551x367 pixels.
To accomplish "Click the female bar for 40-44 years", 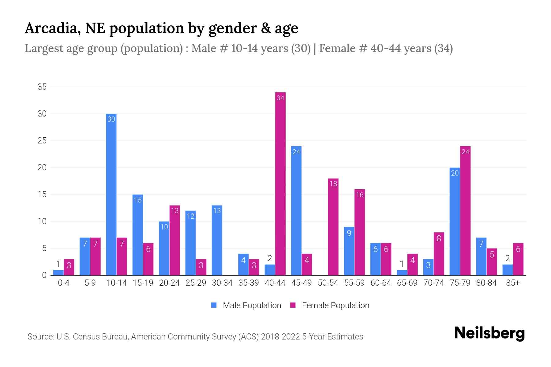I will tap(280, 183).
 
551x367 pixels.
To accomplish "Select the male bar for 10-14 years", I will tap(111, 195).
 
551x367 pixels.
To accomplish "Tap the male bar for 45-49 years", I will tap(296, 211).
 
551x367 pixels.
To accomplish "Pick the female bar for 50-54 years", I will tap(333, 227).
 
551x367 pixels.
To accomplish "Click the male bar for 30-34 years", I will tap(217, 240).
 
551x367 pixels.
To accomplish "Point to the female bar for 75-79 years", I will tap(465, 211).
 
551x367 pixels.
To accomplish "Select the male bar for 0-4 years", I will tap(58, 272).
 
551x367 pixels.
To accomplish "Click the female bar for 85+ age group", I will tap(518, 259).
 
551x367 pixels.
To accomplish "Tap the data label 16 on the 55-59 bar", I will tap(360, 195).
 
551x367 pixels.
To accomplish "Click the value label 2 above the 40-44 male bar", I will tap(270, 259).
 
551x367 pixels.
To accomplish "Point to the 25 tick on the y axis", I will tap(42, 141).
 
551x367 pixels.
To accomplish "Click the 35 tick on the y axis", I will tap(42, 87).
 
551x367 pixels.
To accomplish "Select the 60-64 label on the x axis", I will tap(381, 283).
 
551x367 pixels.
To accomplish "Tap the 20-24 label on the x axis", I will tap(169, 283).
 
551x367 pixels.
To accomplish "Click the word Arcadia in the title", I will tap(51, 28).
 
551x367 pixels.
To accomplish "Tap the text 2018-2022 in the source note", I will tap(280, 337).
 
